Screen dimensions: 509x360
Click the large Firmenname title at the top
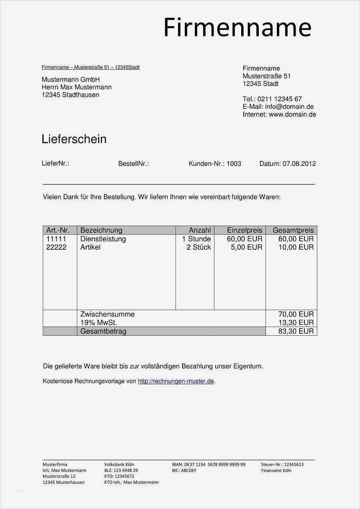(x=237, y=28)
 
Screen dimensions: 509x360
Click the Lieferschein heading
(x=74, y=139)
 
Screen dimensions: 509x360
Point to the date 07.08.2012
(x=299, y=164)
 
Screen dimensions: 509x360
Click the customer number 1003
(x=234, y=164)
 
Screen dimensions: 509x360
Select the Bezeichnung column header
(x=101, y=230)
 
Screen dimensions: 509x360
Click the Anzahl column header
(x=200, y=230)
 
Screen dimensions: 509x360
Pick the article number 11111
(x=56, y=239)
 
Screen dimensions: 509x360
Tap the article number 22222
(x=56, y=247)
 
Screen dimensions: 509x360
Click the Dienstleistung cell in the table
(x=103, y=239)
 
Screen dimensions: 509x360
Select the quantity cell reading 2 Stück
(x=199, y=247)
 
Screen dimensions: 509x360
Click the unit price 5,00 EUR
(x=246, y=247)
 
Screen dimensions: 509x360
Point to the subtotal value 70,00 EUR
(x=296, y=314)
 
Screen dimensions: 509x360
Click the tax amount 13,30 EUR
(x=296, y=323)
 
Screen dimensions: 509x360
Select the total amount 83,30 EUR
(x=296, y=331)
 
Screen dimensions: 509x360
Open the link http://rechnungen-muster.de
(x=176, y=381)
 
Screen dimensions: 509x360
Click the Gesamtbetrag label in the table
(x=103, y=331)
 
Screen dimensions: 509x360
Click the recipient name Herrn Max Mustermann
(x=76, y=87)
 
